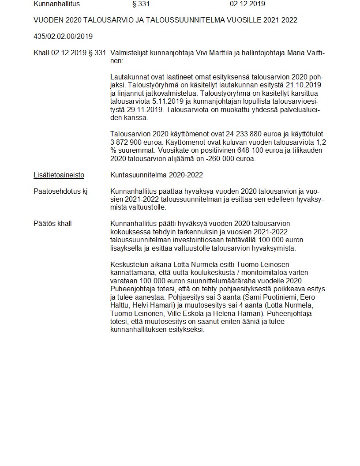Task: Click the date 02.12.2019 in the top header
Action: [247, 4]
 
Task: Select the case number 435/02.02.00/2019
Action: [63, 36]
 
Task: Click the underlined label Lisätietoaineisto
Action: [59, 175]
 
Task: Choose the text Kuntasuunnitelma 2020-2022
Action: [157, 175]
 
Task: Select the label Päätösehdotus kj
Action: [60, 191]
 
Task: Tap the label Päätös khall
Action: [52, 224]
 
